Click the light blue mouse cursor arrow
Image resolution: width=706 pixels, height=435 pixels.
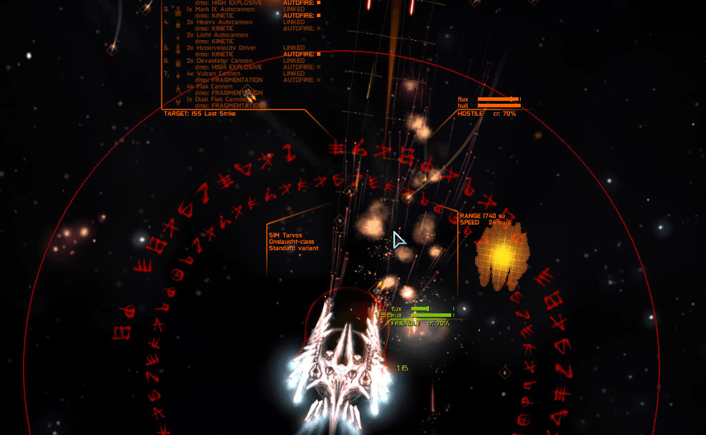tap(399, 239)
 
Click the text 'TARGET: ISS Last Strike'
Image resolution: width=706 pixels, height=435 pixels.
tap(200, 113)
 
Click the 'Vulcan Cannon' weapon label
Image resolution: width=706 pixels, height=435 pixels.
tap(219, 74)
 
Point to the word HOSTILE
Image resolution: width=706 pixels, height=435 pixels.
tap(471, 114)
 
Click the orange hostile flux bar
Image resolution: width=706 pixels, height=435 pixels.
tap(498, 99)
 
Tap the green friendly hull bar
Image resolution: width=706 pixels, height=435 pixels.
tap(432, 315)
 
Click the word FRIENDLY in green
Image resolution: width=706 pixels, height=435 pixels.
tap(406, 323)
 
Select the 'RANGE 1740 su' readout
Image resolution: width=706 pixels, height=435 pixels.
tap(482, 215)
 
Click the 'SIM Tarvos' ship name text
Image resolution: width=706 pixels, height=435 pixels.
tap(285, 235)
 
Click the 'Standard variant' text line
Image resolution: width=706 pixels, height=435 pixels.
tap(293, 248)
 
